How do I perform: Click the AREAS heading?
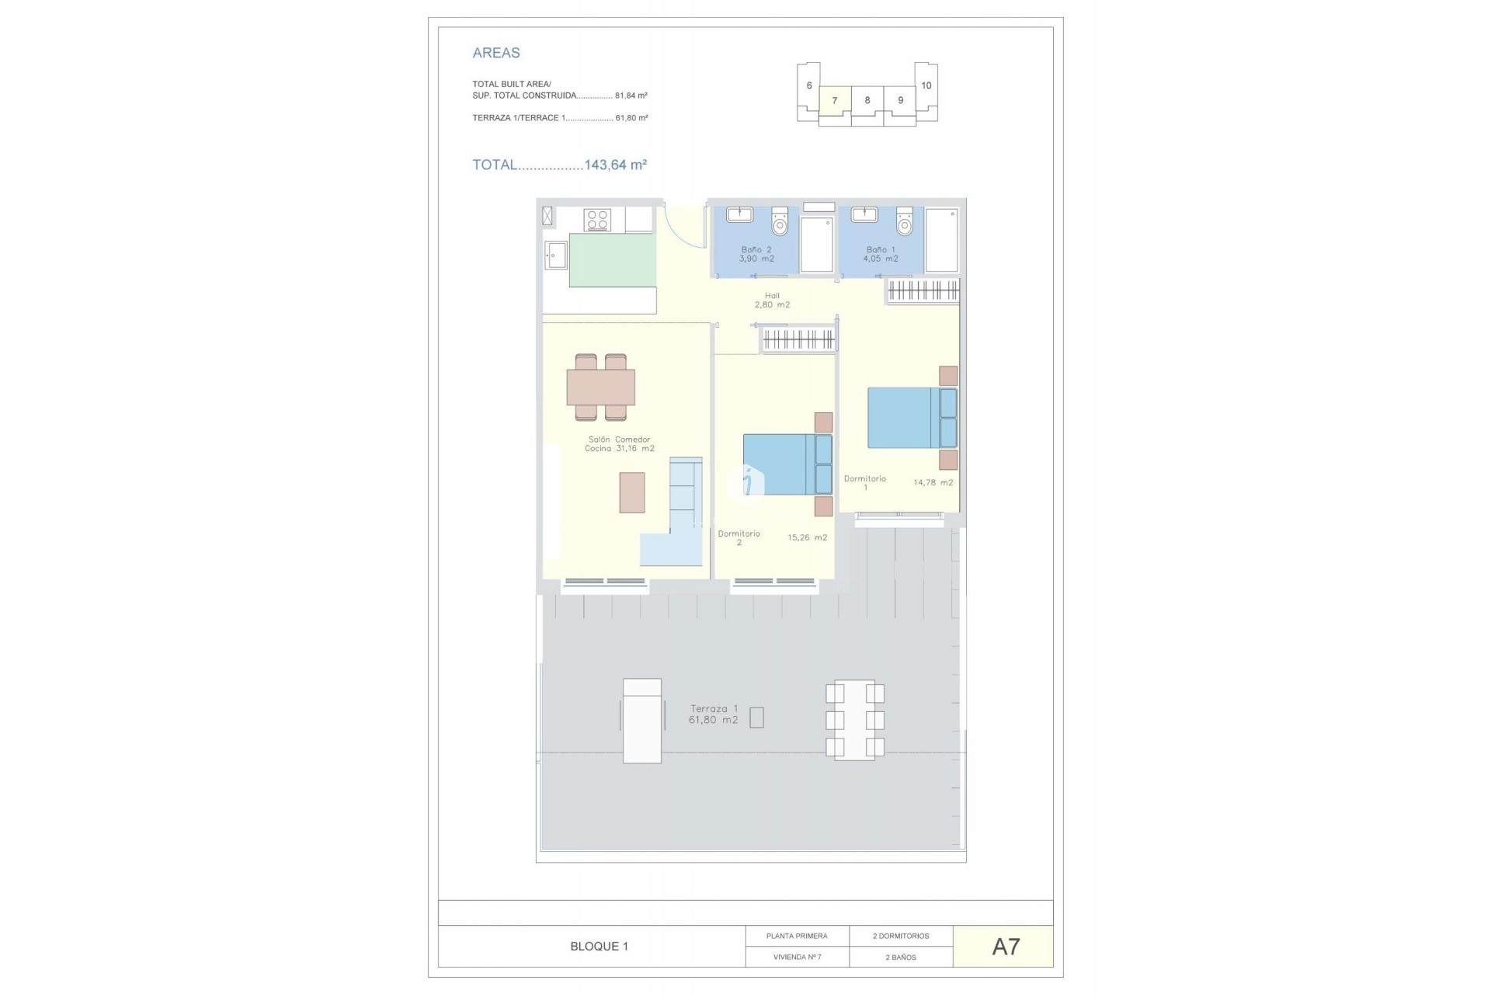click(x=496, y=53)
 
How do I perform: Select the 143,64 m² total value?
click(x=615, y=165)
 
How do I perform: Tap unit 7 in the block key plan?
click(x=835, y=101)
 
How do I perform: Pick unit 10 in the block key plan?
click(x=926, y=85)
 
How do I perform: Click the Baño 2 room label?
click(x=756, y=255)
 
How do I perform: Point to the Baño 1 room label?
click(x=881, y=255)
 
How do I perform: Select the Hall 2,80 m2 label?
click(x=772, y=301)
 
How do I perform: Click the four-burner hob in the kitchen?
click(x=597, y=221)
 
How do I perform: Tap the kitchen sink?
click(x=555, y=255)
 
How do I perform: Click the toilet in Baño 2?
click(x=780, y=222)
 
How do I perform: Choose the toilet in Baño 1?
click(x=904, y=222)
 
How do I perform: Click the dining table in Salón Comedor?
click(x=601, y=388)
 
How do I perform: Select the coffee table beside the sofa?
click(x=631, y=492)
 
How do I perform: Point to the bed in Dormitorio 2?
click(x=787, y=464)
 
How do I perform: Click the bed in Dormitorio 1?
click(x=911, y=418)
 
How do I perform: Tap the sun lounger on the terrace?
click(x=642, y=721)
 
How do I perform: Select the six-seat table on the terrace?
click(x=854, y=720)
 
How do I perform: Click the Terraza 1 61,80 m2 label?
click(x=714, y=714)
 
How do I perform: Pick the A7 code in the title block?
click(x=1006, y=947)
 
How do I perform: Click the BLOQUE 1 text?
click(x=599, y=947)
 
